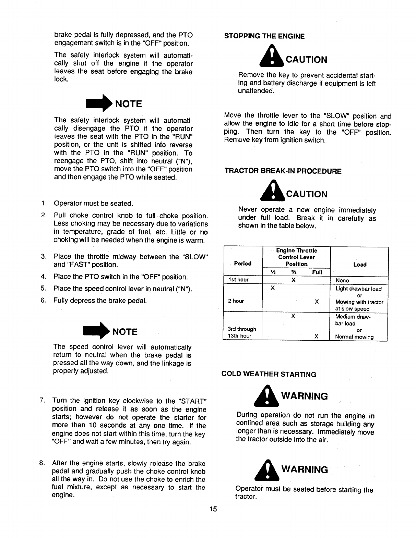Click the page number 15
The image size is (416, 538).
tap(213, 509)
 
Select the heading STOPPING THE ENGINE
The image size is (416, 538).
tap(264, 36)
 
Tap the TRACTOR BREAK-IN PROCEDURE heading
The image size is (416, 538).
tap(283, 171)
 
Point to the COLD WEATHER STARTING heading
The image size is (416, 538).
tap(269, 374)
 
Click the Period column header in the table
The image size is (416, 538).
tap(242, 264)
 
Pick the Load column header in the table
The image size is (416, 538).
tap(360, 264)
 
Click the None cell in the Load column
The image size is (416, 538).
tap(342, 280)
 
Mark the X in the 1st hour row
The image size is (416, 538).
tap(293, 280)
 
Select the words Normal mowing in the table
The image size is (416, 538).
tap(354, 337)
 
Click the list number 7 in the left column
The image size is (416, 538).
tap(42, 400)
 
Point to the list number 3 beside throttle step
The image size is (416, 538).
tap(43, 257)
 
